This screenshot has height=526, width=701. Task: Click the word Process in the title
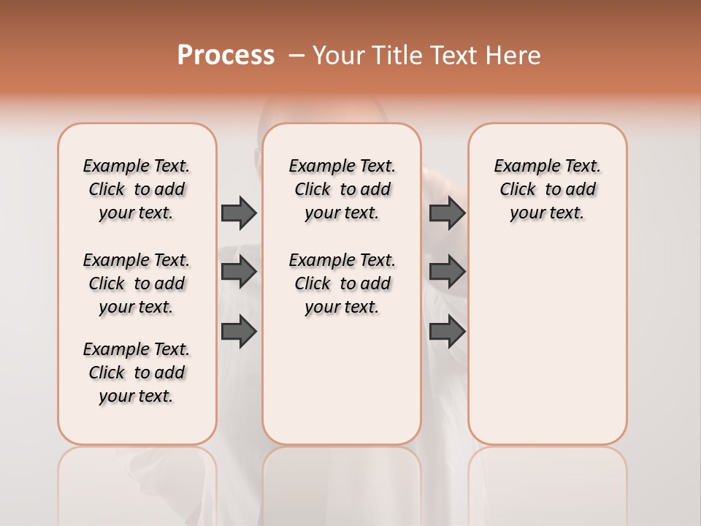[226, 56]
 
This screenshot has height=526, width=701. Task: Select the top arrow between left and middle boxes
[239, 213]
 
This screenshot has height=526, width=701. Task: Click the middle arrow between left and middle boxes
[239, 272]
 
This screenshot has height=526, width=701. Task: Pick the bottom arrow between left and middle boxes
[239, 332]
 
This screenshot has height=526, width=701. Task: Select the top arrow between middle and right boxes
[447, 213]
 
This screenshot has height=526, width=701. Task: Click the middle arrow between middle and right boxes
[447, 272]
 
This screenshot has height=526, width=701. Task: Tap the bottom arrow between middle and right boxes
[447, 332]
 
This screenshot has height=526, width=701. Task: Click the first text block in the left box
[137, 189]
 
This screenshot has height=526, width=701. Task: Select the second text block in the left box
[137, 283]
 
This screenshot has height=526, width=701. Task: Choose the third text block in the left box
[137, 373]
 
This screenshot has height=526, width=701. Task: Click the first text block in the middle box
[342, 189]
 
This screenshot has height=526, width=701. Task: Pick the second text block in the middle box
[342, 283]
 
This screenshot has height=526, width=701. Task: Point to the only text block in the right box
[548, 189]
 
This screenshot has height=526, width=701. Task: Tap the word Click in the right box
[518, 190]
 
